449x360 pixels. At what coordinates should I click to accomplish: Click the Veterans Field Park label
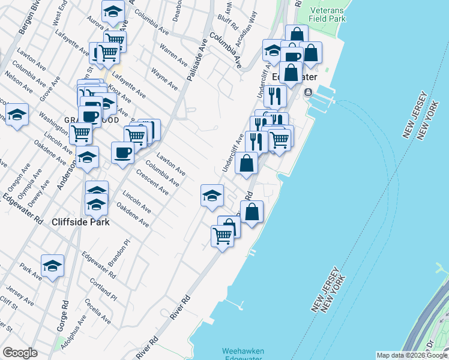328,14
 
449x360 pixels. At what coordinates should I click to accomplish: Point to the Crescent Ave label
152,181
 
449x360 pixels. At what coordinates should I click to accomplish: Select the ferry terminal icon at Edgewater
308,92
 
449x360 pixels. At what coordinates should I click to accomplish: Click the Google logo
20,353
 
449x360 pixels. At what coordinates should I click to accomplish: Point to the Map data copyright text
411,355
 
